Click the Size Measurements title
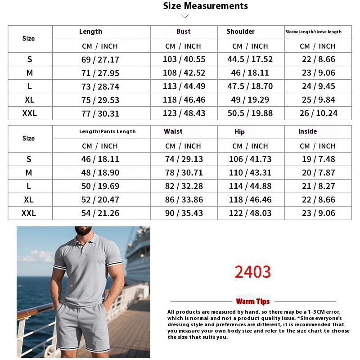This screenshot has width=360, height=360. coord(205,6)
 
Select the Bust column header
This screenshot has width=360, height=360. coord(184,31)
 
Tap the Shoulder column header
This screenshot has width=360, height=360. coord(241,31)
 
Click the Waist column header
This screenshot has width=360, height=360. coord(173,131)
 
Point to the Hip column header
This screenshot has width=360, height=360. coord(239,132)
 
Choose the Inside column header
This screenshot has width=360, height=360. coord(307,131)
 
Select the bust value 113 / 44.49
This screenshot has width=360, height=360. coord(184,86)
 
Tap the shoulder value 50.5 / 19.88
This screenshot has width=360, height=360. coord(250,113)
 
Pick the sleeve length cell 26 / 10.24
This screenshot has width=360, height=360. coord(318,113)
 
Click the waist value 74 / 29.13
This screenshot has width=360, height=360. coord(184,159)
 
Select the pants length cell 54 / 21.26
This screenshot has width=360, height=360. coord(100,213)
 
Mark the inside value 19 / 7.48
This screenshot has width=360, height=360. coord(318,159)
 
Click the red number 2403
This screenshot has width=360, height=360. coord(253,272)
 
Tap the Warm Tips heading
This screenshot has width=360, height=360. coord(253,301)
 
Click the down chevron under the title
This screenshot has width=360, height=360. coord(184,17)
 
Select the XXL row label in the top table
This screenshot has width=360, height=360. coord(30,113)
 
